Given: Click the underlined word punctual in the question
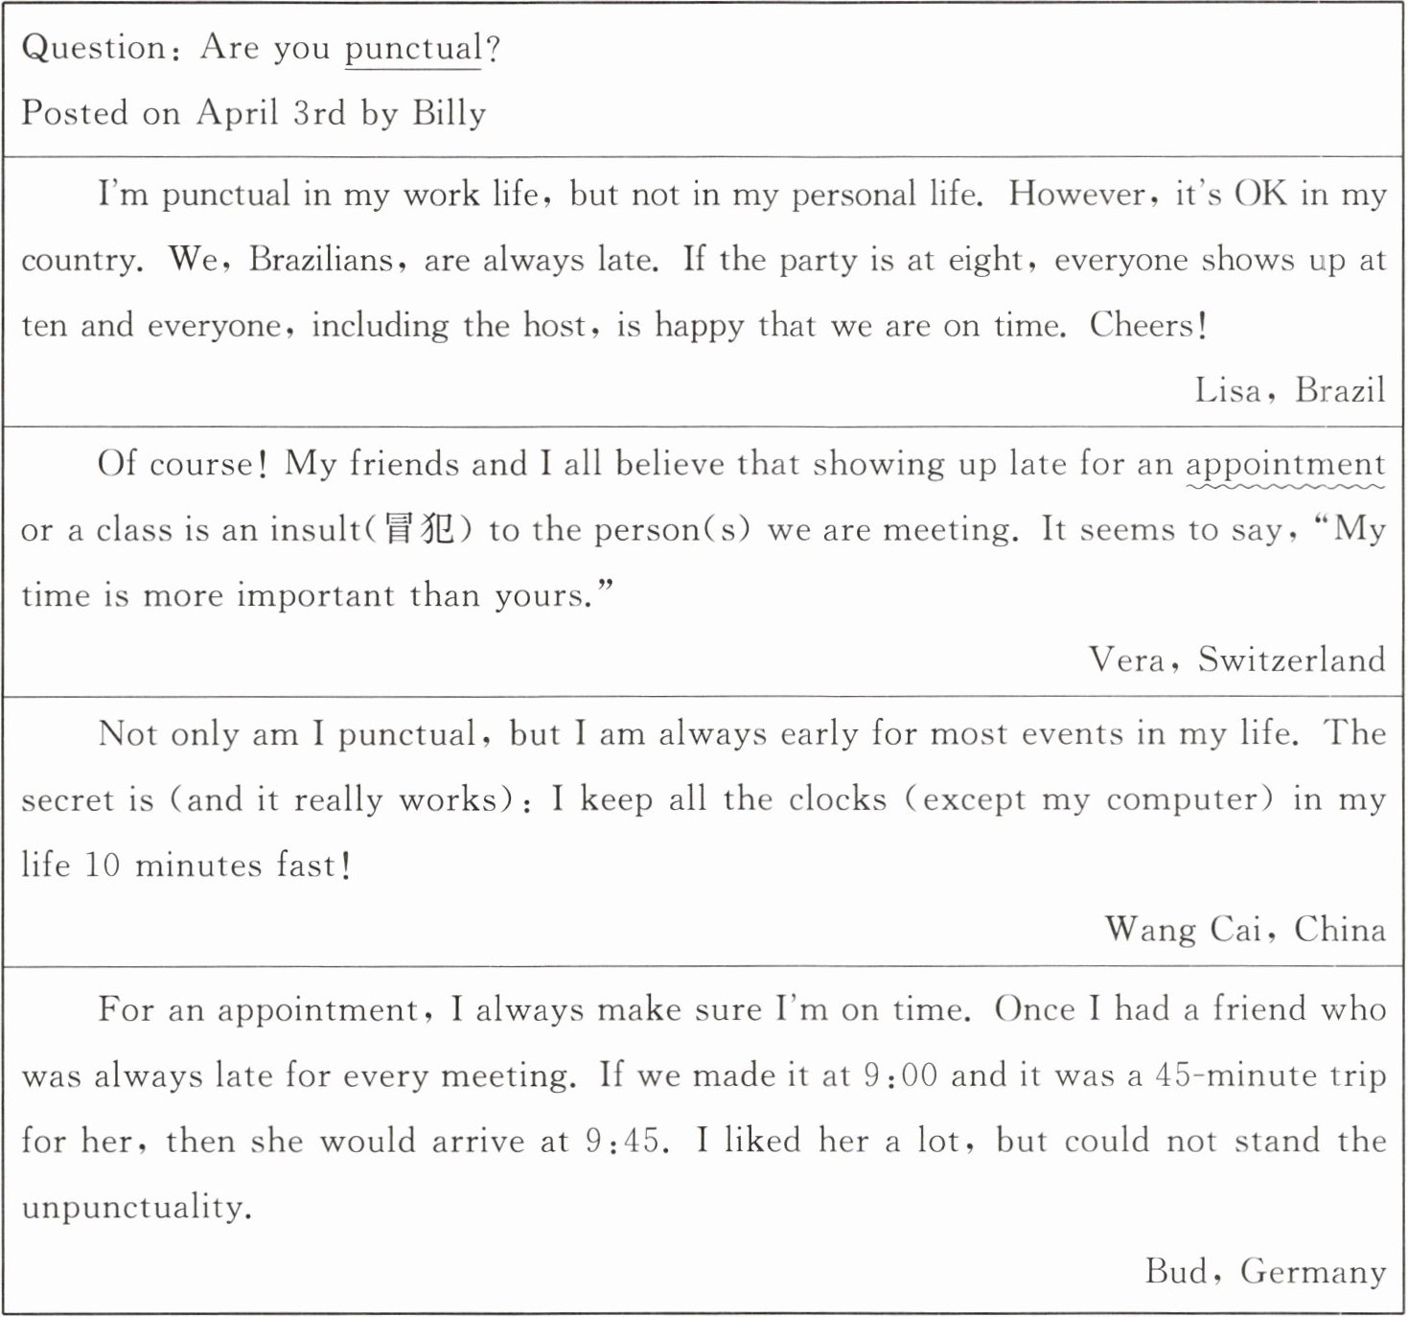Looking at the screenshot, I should point(413,49).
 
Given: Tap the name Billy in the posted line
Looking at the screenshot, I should point(450,113).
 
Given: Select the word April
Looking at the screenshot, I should point(237,113).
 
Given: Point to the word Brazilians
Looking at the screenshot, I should point(321,260).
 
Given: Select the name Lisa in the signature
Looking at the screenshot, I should point(1227,390).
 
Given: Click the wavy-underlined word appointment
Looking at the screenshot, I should point(1285,465).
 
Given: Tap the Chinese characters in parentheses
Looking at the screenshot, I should point(419,529).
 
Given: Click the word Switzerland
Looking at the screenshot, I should point(1291,659).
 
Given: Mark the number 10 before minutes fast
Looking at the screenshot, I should point(103,866).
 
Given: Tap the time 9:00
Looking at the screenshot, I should point(900,1075).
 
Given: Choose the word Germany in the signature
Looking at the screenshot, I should point(1312,1272).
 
